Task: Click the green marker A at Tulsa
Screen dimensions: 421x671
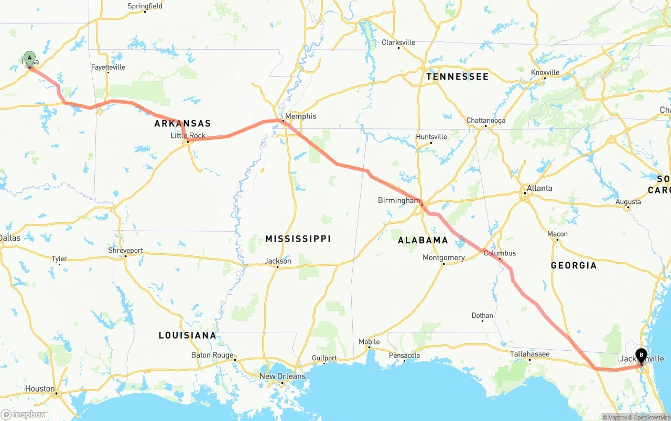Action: [x=30, y=58]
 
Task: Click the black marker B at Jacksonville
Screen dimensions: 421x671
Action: [x=641, y=356]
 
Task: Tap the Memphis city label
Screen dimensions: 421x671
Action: [x=300, y=116]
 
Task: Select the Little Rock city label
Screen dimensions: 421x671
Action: [x=188, y=136]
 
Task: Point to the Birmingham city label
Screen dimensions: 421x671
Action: [x=399, y=200]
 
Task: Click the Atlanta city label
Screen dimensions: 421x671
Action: [x=539, y=188]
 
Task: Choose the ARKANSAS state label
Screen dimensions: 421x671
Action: [x=182, y=124]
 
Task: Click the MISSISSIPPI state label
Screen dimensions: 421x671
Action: [x=298, y=239]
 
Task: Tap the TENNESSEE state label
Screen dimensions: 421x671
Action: [x=457, y=77]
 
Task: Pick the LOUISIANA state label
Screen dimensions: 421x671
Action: [x=187, y=336]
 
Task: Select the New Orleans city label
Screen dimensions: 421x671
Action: [x=283, y=376]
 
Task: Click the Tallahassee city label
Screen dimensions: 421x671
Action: [x=530, y=354]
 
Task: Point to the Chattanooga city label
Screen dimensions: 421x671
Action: [x=486, y=121]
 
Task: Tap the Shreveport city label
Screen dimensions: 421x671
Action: [x=125, y=251]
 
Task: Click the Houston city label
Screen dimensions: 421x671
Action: [x=40, y=389]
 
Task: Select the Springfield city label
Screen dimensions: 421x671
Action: [x=145, y=6]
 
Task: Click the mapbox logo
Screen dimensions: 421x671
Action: [x=23, y=414]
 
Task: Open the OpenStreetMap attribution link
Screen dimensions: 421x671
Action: [x=651, y=417]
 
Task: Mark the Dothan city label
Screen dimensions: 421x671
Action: [x=482, y=316]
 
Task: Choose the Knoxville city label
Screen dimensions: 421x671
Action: [x=545, y=72]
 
